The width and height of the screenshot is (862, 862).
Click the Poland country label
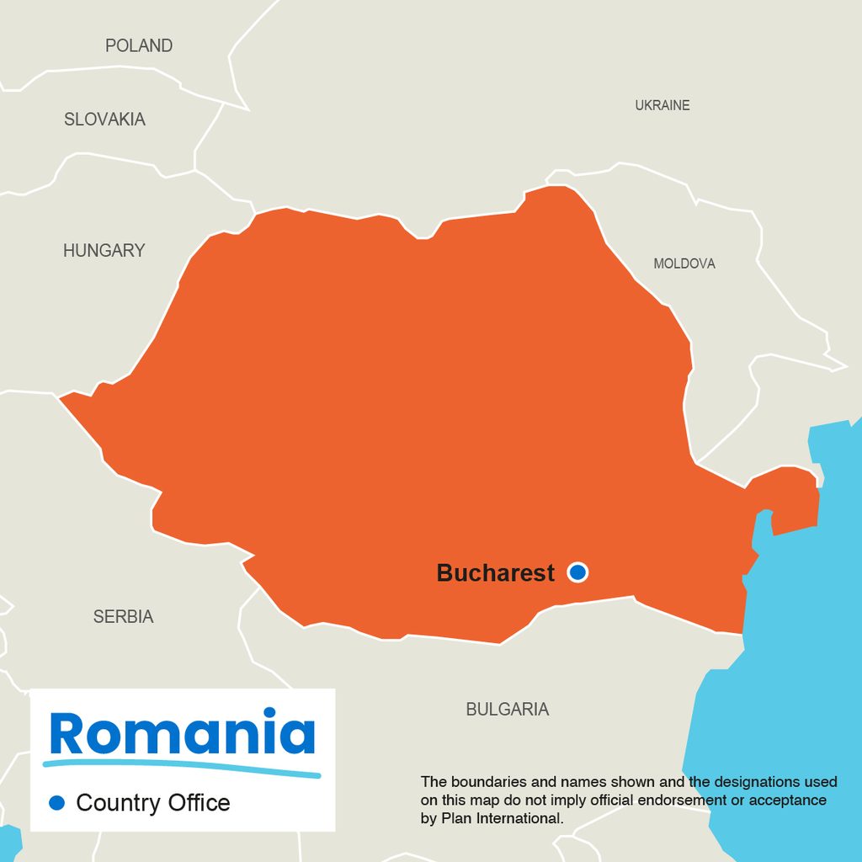click(139, 45)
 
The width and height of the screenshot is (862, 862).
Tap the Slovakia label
click(104, 120)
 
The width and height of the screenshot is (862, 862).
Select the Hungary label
click(104, 250)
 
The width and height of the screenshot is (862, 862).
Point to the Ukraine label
click(662, 105)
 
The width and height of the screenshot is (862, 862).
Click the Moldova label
click(684, 263)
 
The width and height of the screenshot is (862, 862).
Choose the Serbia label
click(123, 617)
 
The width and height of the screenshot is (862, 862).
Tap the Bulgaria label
click(507, 710)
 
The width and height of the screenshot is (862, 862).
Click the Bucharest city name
click(495, 573)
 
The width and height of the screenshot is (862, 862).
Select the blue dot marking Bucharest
click(577, 572)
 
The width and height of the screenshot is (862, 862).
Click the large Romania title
click(182, 733)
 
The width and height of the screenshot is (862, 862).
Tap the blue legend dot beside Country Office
click(56, 803)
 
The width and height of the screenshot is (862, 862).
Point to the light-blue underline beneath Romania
click(182, 767)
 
